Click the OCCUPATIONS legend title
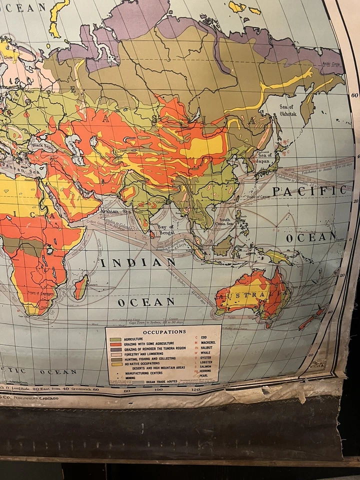click(x=164, y=331)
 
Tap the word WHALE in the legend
click(x=206, y=352)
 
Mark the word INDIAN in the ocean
click(x=138, y=262)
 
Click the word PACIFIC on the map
click(x=308, y=190)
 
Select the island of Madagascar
click(x=80, y=287)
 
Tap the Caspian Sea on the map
click(x=75, y=145)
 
